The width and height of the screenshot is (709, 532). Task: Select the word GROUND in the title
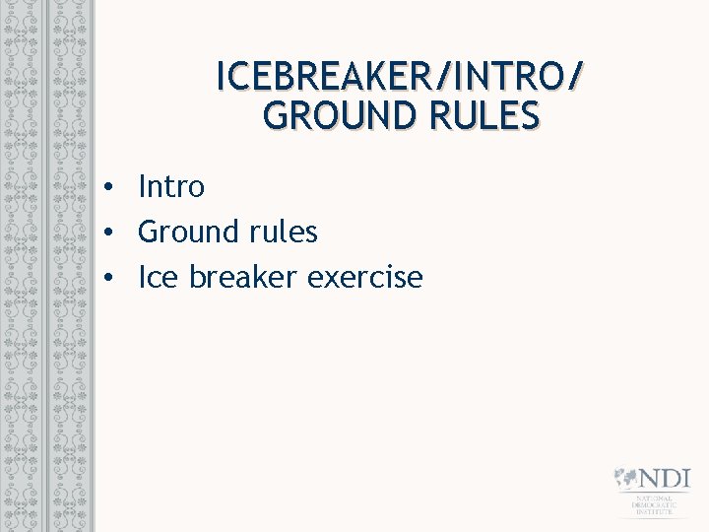click(328, 116)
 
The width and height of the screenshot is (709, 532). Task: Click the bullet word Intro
click(171, 185)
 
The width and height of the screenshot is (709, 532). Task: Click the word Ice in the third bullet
click(158, 277)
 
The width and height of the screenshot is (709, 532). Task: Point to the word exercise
click(365, 277)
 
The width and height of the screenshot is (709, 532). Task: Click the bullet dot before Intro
click(113, 186)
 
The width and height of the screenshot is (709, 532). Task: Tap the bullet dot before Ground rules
click(113, 233)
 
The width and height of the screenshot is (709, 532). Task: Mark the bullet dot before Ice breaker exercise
click(113, 278)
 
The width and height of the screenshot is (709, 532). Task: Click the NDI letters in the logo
click(665, 480)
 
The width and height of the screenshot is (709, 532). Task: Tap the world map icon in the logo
click(625, 480)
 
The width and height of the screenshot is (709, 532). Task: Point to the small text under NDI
click(655, 506)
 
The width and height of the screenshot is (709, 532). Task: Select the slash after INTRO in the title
click(575, 76)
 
